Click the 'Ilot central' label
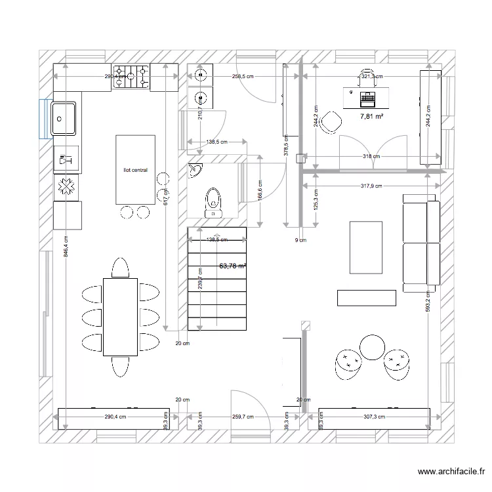(135, 170)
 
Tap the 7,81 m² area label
(371, 116)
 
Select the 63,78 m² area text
(233, 266)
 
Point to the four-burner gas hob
(131, 76)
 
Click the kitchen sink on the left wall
(64, 118)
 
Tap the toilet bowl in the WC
(213, 201)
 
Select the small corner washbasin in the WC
(196, 172)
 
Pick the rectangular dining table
(120, 316)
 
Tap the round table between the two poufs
(373, 347)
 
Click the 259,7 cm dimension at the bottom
(242, 417)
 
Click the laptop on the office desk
(368, 99)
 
